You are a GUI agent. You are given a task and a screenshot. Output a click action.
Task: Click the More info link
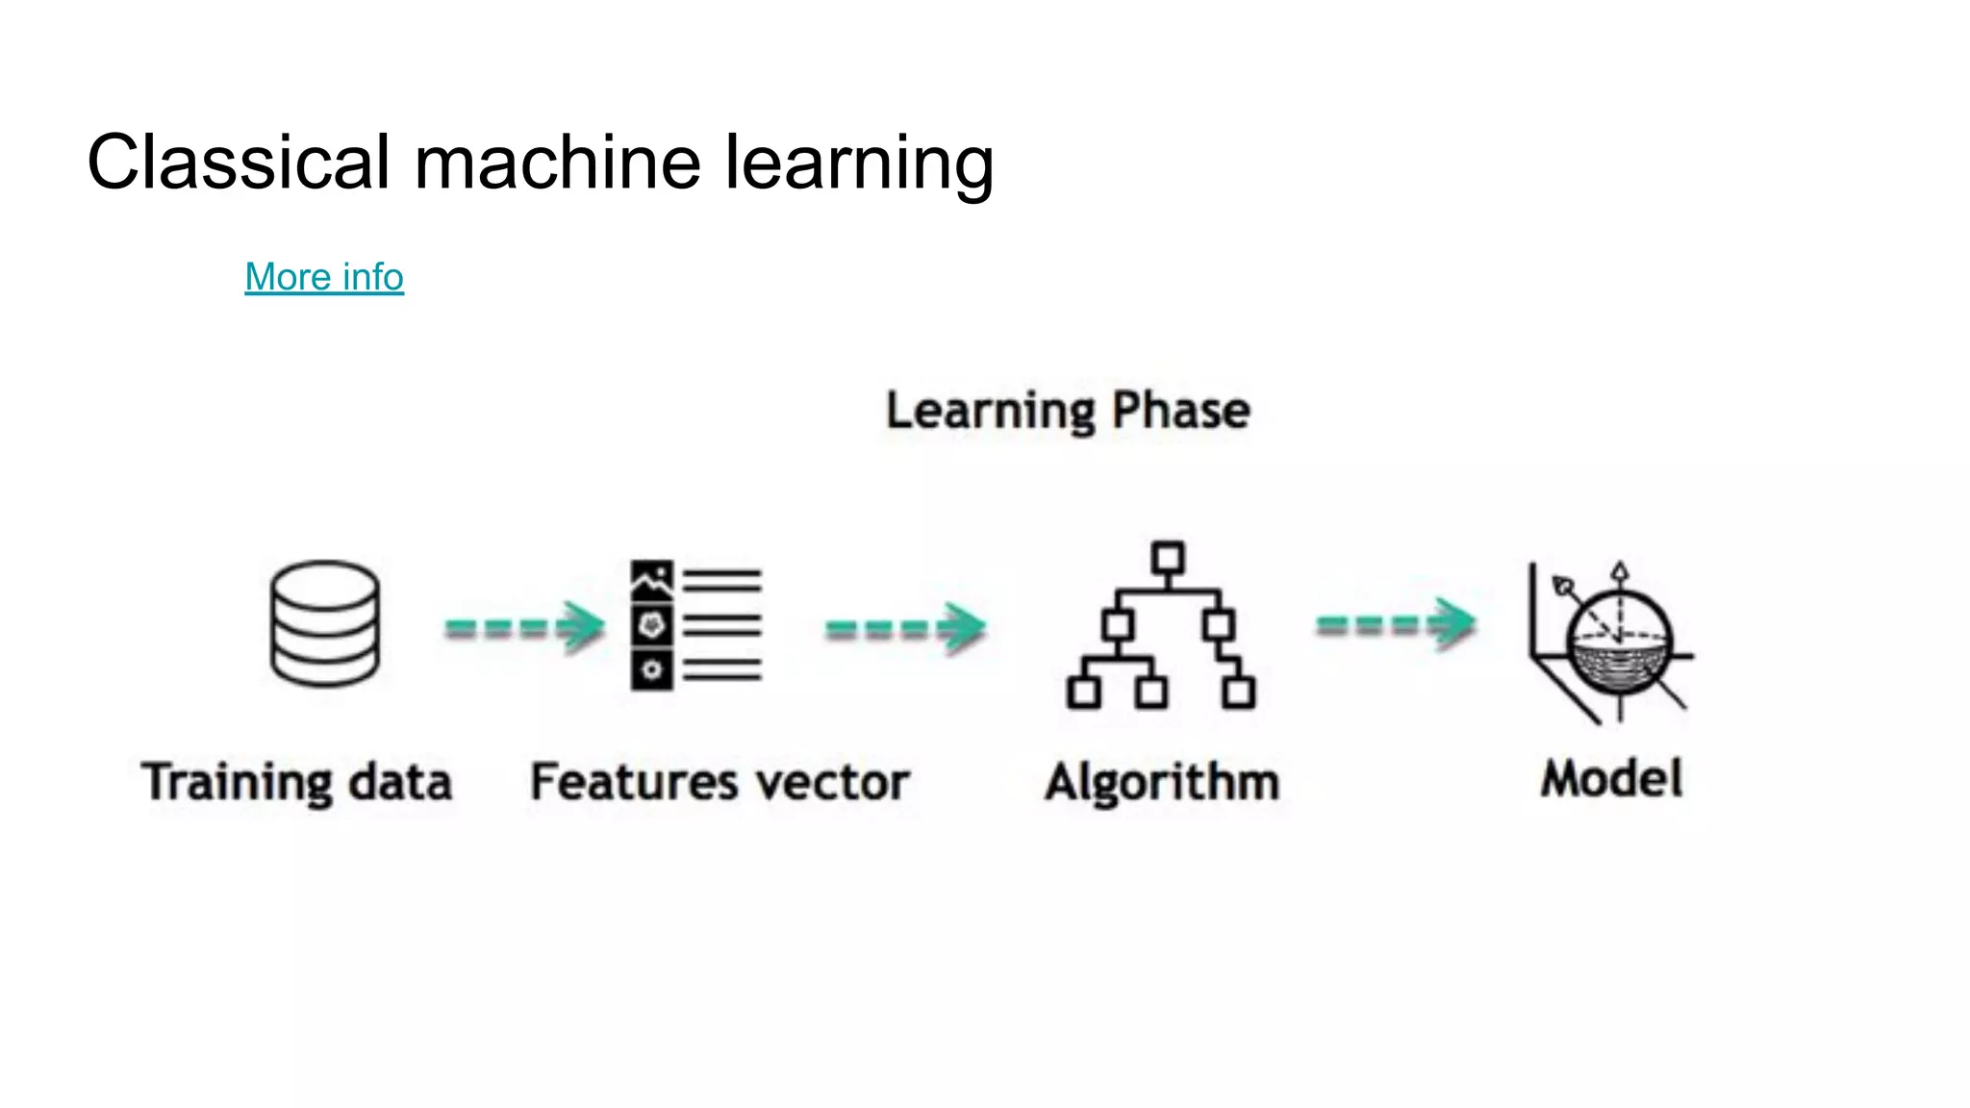point(324,277)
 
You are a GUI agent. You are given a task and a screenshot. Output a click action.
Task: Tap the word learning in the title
point(859,164)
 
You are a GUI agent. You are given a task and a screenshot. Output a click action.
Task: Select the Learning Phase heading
point(1068,411)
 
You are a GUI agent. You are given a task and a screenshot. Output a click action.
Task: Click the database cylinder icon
point(325,623)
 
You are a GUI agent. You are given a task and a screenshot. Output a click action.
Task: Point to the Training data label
point(296,781)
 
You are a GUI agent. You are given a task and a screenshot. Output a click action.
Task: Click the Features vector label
point(720,781)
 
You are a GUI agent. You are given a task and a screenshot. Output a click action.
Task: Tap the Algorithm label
point(1162,782)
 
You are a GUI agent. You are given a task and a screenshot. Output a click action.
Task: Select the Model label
point(1611,778)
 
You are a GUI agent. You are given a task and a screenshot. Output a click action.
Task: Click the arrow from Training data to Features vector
point(524,627)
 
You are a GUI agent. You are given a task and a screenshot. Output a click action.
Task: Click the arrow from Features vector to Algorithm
point(905,628)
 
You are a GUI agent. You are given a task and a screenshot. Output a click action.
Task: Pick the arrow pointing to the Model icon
point(1395,624)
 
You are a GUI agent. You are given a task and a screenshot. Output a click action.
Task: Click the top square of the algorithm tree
point(1168,558)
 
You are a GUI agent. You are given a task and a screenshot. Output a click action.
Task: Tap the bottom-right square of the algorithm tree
point(1239,692)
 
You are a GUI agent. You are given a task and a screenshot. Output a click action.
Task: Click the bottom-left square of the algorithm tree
point(1084,692)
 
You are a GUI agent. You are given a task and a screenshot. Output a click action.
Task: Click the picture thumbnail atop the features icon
point(651,580)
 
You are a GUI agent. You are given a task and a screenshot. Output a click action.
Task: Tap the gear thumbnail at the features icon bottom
point(651,669)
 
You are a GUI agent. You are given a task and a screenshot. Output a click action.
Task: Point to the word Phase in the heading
point(1181,411)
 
